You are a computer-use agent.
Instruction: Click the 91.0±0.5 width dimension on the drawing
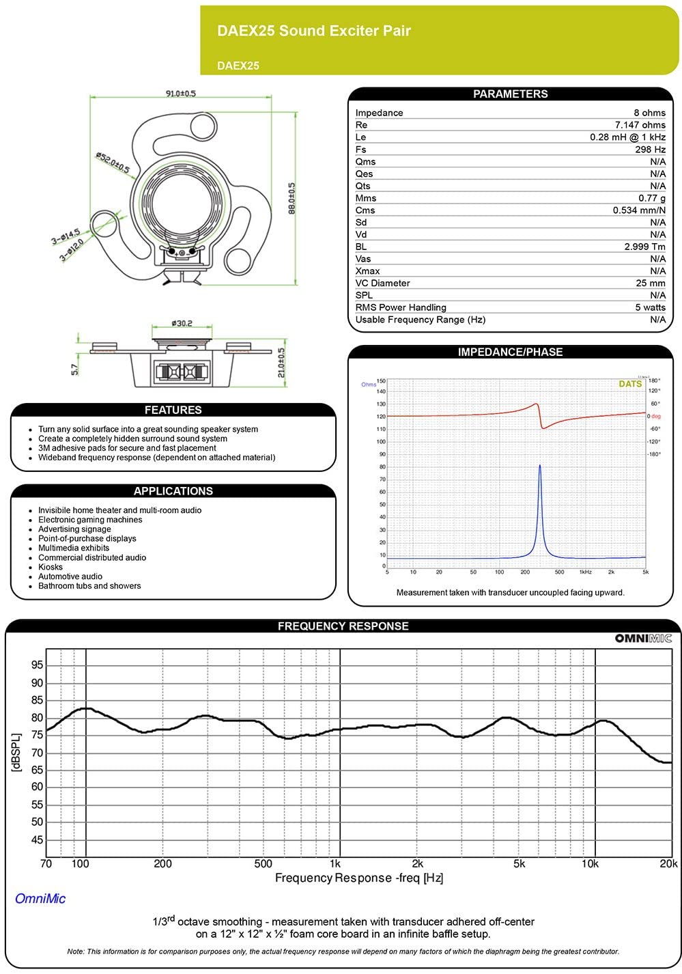[180, 93]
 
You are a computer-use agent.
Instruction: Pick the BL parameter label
[360, 247]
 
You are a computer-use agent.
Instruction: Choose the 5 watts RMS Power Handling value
[650, 307]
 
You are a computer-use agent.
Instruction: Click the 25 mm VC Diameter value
[651, 283]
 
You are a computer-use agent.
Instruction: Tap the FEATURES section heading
[173, 410]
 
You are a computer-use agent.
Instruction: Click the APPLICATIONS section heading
[173, 491]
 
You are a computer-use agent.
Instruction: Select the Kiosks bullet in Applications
[51, 567]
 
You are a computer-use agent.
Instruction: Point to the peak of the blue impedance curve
[540, 466]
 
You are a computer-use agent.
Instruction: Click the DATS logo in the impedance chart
[630, 384]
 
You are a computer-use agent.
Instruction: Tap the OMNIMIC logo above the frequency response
[643, 638]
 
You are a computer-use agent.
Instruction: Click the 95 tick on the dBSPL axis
[37, 665]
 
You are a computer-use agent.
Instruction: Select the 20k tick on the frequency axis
[668, 864]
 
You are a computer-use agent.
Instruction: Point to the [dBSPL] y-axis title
[16, 753]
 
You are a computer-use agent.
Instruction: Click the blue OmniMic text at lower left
[40, 899]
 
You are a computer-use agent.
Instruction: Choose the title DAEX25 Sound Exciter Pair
[313, 31]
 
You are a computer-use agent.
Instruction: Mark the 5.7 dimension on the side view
[75, 369]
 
